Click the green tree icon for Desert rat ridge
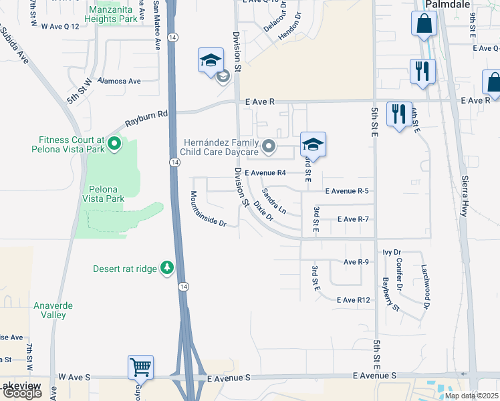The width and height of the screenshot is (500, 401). (x=166, y=269)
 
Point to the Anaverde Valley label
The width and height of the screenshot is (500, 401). (x=53, y=310)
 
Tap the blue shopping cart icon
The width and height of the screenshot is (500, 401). (x=140, y=366)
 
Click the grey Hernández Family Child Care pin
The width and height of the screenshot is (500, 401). (x=268, y=146)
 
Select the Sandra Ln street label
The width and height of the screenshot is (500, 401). (x=274, y=201)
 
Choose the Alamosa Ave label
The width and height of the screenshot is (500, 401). (x=119, y=81)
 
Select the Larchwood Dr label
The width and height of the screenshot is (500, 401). (x=424, y=280)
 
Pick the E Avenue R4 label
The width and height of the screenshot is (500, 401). (x=265, y=172)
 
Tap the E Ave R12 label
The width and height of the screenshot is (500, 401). (x=354, y=300)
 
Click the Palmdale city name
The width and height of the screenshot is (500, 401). (x=449, y=4)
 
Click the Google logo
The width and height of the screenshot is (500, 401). (x=22, y=393)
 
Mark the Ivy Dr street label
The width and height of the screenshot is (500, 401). (x=391, y=252)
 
